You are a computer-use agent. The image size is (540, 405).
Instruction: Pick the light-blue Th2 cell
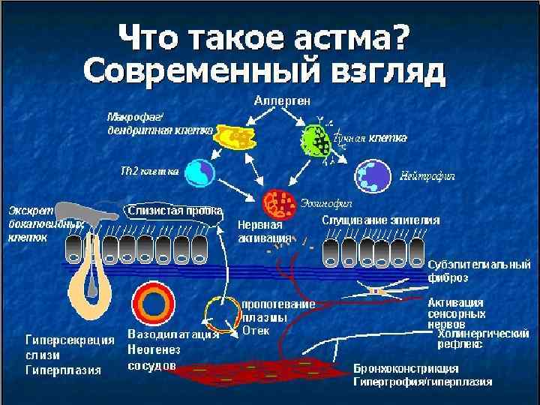coord(200,172)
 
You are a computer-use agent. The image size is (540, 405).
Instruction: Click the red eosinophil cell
coord(281,202)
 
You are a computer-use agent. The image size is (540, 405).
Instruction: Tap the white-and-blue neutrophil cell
coord(372,174)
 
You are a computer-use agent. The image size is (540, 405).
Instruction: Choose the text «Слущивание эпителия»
coord(379,220)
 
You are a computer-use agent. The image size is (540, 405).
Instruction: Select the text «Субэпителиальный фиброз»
coord(478,271)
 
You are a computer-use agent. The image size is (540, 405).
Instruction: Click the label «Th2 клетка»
coord(149,170)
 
